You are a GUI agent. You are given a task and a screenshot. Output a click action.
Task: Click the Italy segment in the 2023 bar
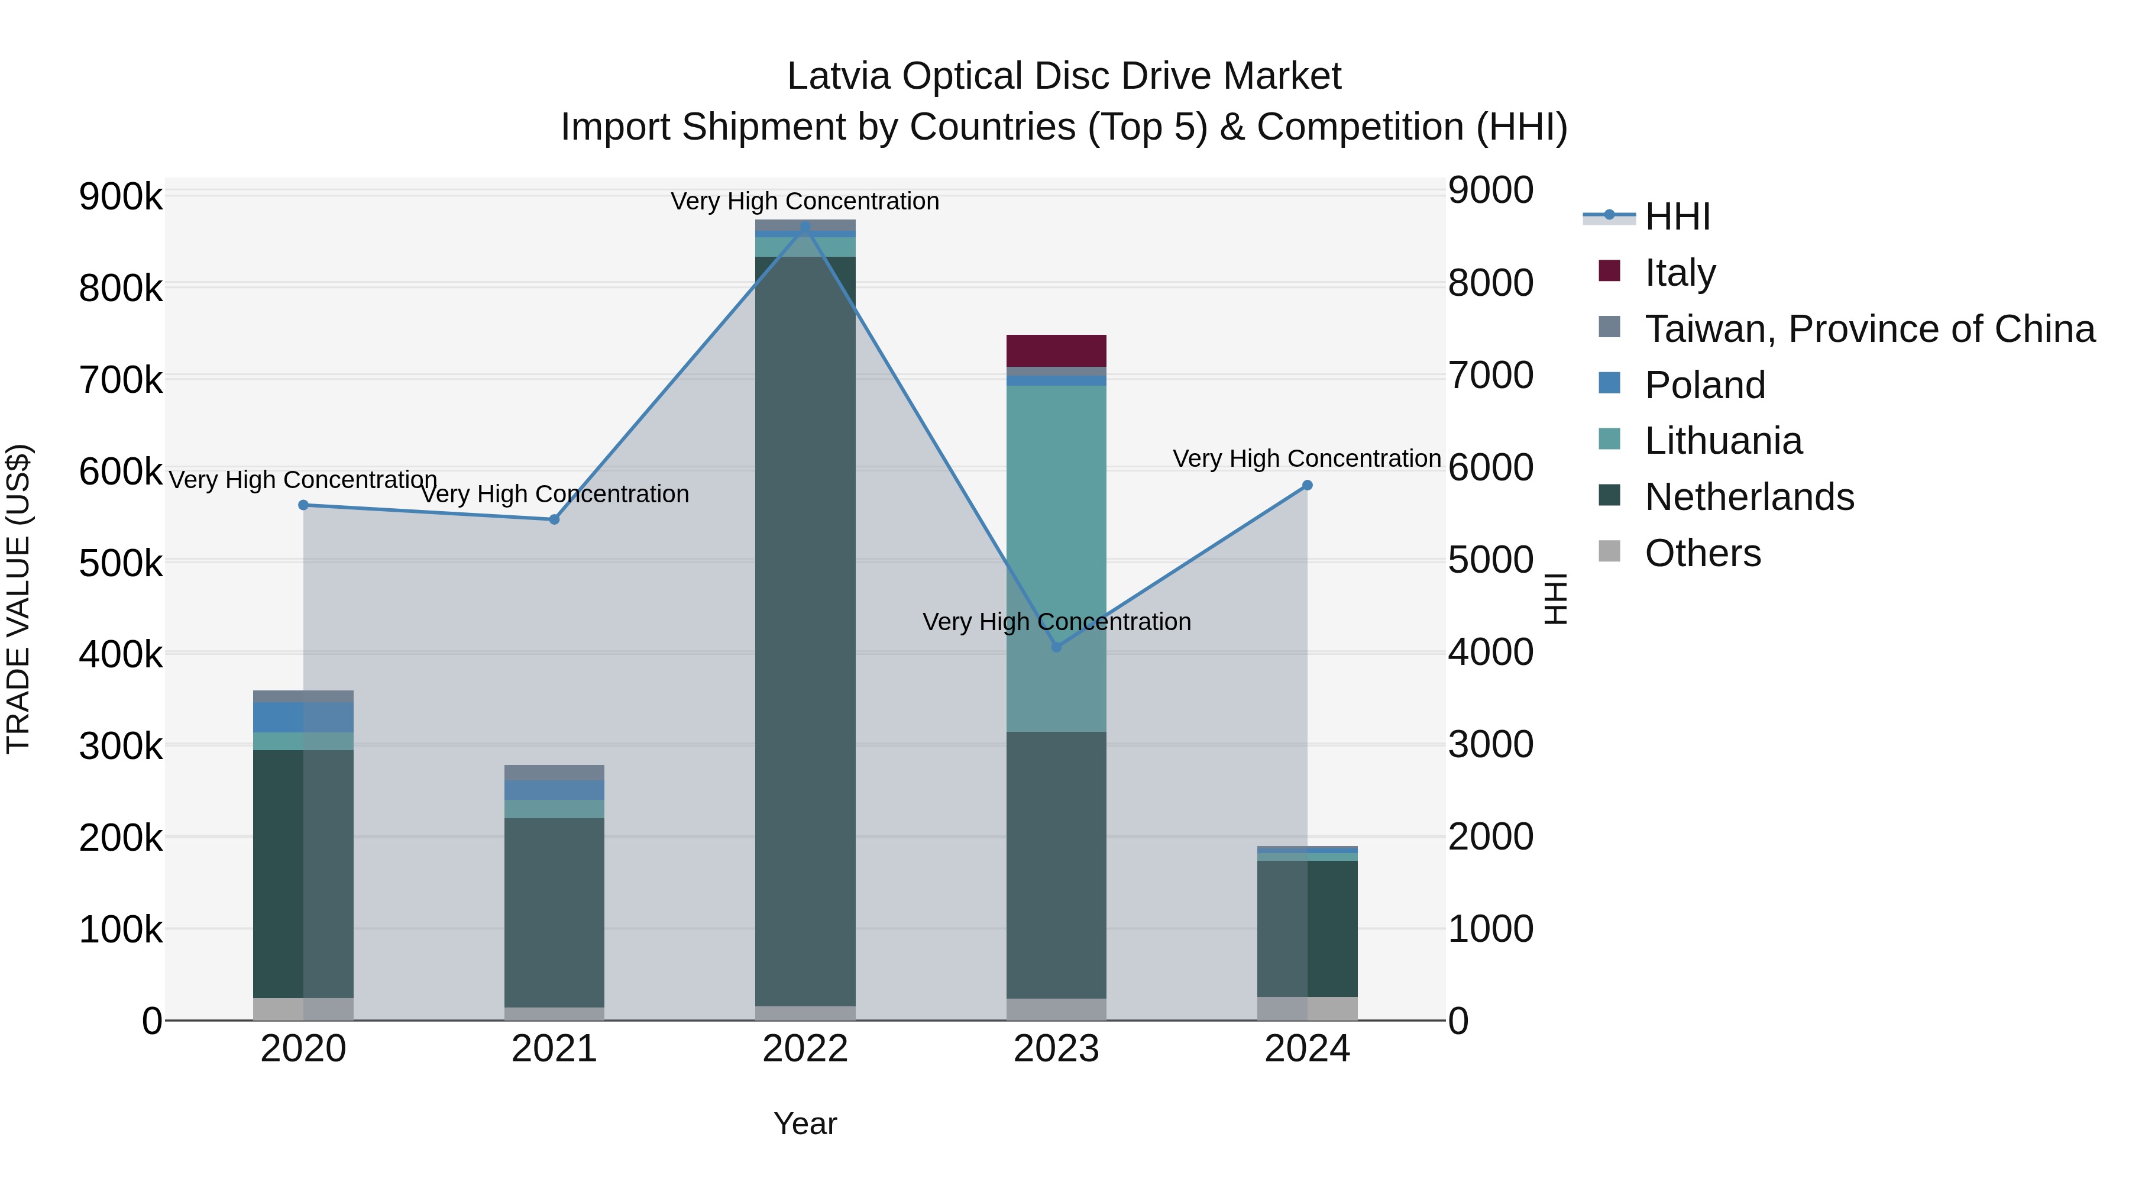[1056, 351]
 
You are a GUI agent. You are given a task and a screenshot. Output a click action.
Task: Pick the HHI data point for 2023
[1056, 647]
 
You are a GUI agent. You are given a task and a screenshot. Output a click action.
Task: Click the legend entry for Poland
[1704, 385]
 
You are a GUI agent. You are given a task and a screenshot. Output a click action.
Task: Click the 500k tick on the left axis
[121, 564]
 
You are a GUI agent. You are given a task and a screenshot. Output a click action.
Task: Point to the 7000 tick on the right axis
[1490, 375]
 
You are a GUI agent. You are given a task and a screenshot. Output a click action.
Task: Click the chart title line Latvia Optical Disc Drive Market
[1064, 76]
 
